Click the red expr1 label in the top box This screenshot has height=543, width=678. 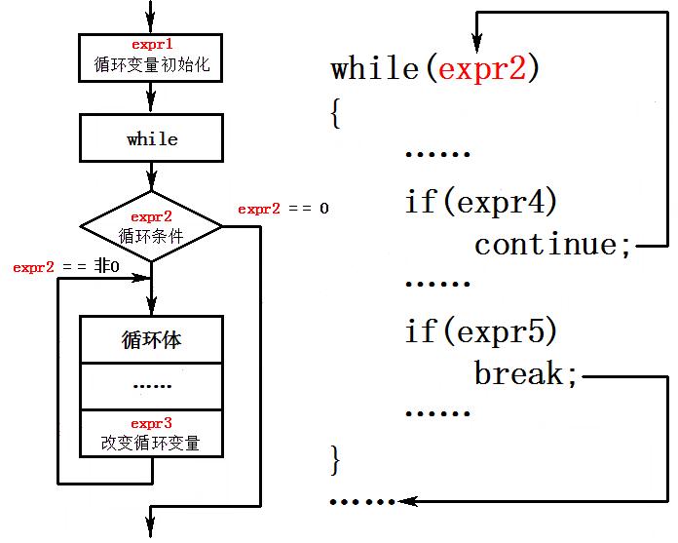[x=151, y=46]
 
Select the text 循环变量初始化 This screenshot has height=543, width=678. [x=152, y=66]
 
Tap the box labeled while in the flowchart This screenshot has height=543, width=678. [x=152, y=139]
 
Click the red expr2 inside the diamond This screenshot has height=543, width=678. [x=151, y=217]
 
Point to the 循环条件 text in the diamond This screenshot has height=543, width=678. [x=151, y=235]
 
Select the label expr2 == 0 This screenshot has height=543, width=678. [x=283, y=209]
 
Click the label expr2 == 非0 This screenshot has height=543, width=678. [x=65, y=267]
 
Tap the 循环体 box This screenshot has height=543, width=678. [x=152, y=340]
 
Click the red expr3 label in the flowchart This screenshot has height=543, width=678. [x=151, y=423]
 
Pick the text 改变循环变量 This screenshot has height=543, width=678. [x=151, y=442]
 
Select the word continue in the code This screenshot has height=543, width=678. [x=546, y=245]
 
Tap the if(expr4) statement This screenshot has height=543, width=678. [x=481, y=202]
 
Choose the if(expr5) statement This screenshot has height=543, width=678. [x=481, y=332]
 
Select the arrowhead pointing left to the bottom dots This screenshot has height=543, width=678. [x=406, y=501]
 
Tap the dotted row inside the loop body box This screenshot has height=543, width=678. [x=152, y=385]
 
